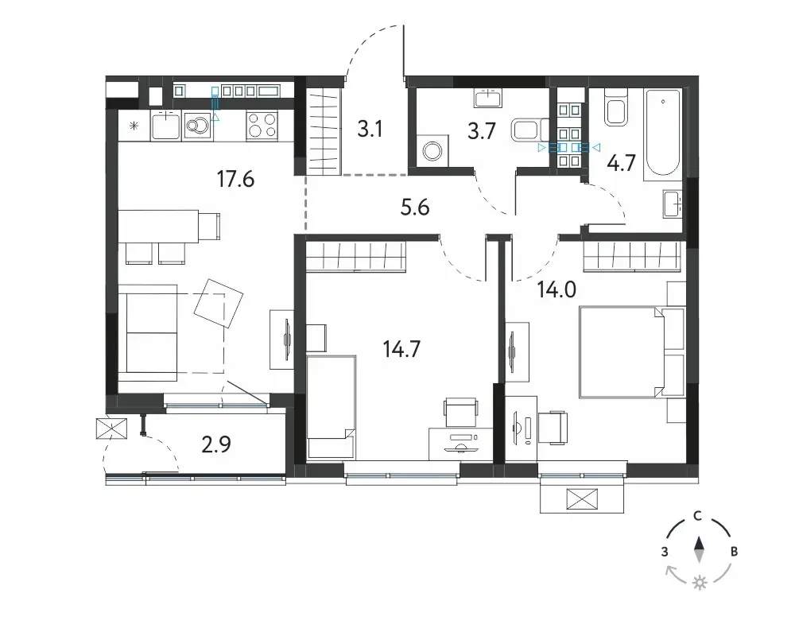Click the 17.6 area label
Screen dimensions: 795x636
235,179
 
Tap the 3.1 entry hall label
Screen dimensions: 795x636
370,129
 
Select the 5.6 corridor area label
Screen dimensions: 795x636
415,207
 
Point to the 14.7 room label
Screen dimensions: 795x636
401,349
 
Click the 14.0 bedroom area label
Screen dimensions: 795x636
556,290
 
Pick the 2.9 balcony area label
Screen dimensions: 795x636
216,444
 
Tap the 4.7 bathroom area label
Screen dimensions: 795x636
621,163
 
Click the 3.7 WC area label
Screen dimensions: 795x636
481,131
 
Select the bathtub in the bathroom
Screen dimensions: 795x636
661,134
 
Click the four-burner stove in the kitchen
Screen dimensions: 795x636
262,125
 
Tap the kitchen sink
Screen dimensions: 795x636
165,126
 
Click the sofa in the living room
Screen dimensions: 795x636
148,333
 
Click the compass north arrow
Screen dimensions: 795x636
700,550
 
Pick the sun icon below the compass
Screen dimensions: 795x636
700,583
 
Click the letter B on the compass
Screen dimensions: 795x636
734,552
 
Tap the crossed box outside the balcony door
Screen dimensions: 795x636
111,429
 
